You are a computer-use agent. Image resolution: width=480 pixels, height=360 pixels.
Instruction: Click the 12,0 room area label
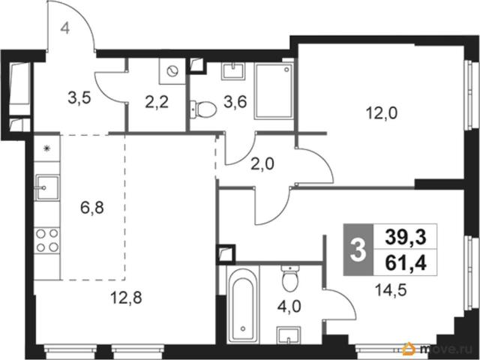(382, 114)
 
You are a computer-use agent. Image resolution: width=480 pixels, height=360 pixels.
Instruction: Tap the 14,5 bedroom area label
(391, 290)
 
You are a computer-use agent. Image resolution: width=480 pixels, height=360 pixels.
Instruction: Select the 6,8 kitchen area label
(92, 208)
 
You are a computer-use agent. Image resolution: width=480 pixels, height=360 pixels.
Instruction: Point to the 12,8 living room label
(126, 298)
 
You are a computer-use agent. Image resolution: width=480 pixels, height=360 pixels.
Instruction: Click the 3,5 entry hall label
(79, 98)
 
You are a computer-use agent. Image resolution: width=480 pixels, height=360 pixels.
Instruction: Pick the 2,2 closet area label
(157, 102)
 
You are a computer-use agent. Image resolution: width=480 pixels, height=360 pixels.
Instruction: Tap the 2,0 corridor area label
(262, 165)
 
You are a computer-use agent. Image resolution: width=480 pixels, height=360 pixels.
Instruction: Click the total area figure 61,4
(406, 263)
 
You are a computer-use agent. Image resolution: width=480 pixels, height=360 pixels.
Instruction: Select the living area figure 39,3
(406, 237)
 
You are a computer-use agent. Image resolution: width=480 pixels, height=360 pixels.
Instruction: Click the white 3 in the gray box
(358, 250)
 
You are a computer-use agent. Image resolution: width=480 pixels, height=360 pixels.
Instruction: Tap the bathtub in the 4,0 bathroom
(243, 305)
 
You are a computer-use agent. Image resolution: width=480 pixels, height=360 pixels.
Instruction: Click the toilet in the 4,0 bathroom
(289, 278)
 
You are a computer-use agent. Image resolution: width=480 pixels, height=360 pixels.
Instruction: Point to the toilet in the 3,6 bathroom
(203, 109)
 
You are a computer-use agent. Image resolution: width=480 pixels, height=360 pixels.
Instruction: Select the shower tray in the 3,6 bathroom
(274, 91)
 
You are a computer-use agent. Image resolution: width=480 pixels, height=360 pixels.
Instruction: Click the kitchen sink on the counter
(47, 187)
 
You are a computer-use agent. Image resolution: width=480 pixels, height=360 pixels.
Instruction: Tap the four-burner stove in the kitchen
(47, 240)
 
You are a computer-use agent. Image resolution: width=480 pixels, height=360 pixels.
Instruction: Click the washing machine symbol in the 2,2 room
(172, 71)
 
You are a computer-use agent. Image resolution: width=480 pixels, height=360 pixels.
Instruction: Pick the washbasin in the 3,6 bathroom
(234, 71)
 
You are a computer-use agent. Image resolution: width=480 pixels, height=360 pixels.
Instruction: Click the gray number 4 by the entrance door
(65, 28)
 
